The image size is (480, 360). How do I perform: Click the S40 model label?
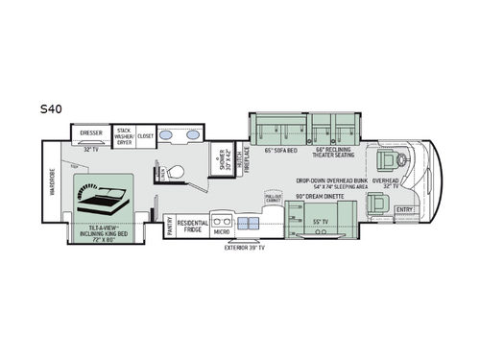coord(53,110)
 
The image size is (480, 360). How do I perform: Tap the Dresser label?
coord(91,133)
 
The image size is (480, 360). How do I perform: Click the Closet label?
coord(146,135)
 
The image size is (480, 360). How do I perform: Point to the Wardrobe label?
coord(54,183)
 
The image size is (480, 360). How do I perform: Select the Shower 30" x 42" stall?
coord(222,160)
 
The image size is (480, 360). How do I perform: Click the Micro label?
coord(220,231)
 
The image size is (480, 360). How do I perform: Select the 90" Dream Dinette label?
coord(319,197)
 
